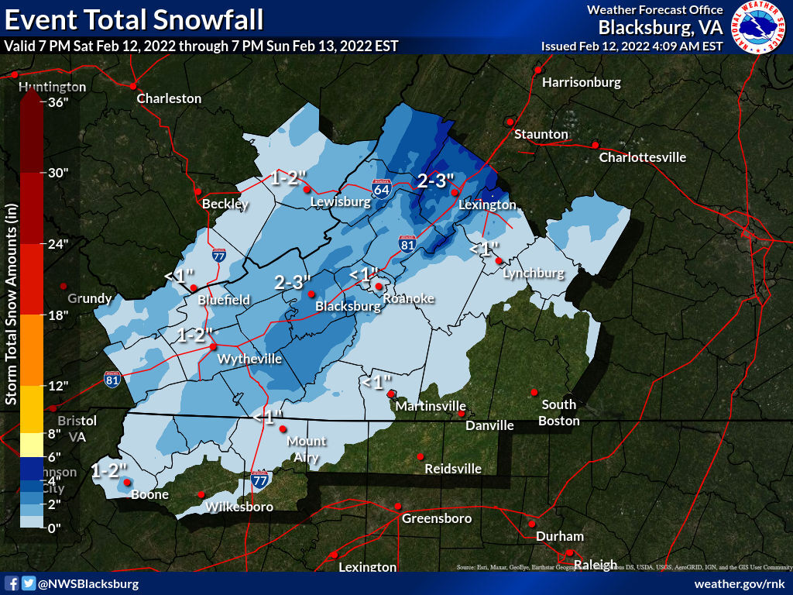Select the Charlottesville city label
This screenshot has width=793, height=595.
tap(643, 157)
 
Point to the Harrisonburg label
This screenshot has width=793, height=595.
tap(582, 81)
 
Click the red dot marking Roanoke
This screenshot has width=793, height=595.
tap(379, 287)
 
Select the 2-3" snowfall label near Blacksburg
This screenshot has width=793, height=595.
tap(293, 282)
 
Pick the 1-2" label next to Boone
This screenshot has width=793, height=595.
tap(108, 469)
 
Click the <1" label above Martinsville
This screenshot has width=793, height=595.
tap(376, 382)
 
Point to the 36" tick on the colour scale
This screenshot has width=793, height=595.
tap(59, 101)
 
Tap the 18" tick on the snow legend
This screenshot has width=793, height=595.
tap(59, 315)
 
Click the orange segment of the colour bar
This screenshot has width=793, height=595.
tap(32, 349)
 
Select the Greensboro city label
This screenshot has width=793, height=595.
tap(436, 518)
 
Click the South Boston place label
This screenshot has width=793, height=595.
tap(558, 412)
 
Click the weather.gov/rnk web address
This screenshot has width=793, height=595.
tap(740, 583)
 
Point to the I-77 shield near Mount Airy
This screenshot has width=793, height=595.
tap(260, 477)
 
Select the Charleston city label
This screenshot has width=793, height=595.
tap(169, 98)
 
